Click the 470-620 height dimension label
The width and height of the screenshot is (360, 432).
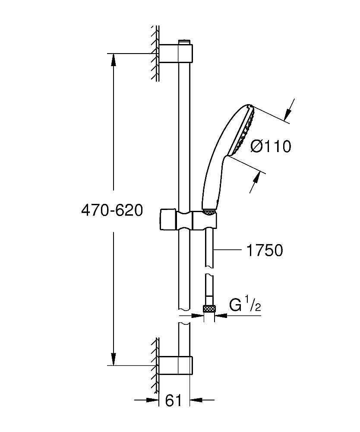pos(112,211)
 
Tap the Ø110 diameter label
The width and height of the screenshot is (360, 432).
pos(271,147)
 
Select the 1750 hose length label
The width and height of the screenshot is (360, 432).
pos(264,250)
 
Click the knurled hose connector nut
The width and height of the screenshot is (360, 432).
pos(209,308)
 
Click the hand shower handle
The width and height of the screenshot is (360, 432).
pos(214,177)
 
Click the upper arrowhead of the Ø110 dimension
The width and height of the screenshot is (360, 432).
pos(287,114)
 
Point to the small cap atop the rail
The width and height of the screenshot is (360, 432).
pos(184,41)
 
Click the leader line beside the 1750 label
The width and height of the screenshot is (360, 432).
pos(229,250)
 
